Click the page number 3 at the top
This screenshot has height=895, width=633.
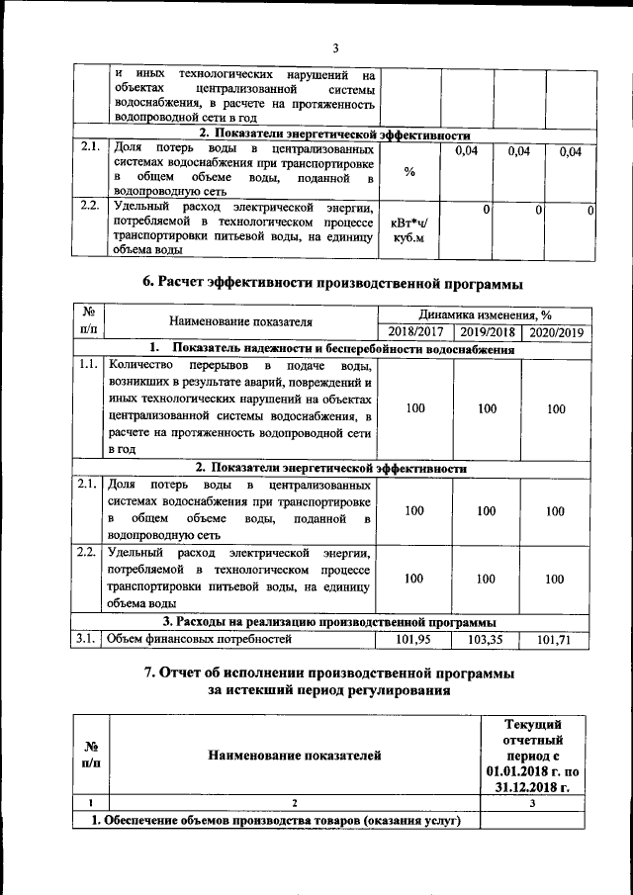click(x=335, y=48)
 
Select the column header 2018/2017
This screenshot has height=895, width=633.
click(x=414, y=331)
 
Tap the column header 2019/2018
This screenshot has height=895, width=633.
click(x=487, y=331)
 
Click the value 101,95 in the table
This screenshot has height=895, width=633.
click(x=414, y=640)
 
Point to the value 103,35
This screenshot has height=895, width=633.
click(x=487, y=640)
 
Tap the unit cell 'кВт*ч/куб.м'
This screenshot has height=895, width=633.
click(x=408, y=230)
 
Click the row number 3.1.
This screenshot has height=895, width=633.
click(x=87, y=640)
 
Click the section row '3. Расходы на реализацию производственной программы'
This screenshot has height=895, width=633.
click(x=330, y=622)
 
